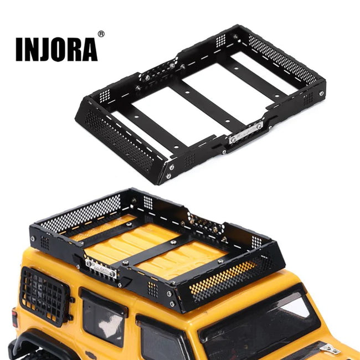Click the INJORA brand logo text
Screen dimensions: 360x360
tap(56, 49)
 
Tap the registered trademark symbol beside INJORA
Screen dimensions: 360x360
tap(101, 34)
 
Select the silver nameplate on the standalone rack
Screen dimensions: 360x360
tap(246, 133)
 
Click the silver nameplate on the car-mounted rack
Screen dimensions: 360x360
tap(101, 269)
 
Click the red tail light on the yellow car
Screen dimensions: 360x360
tap(14, 318)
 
